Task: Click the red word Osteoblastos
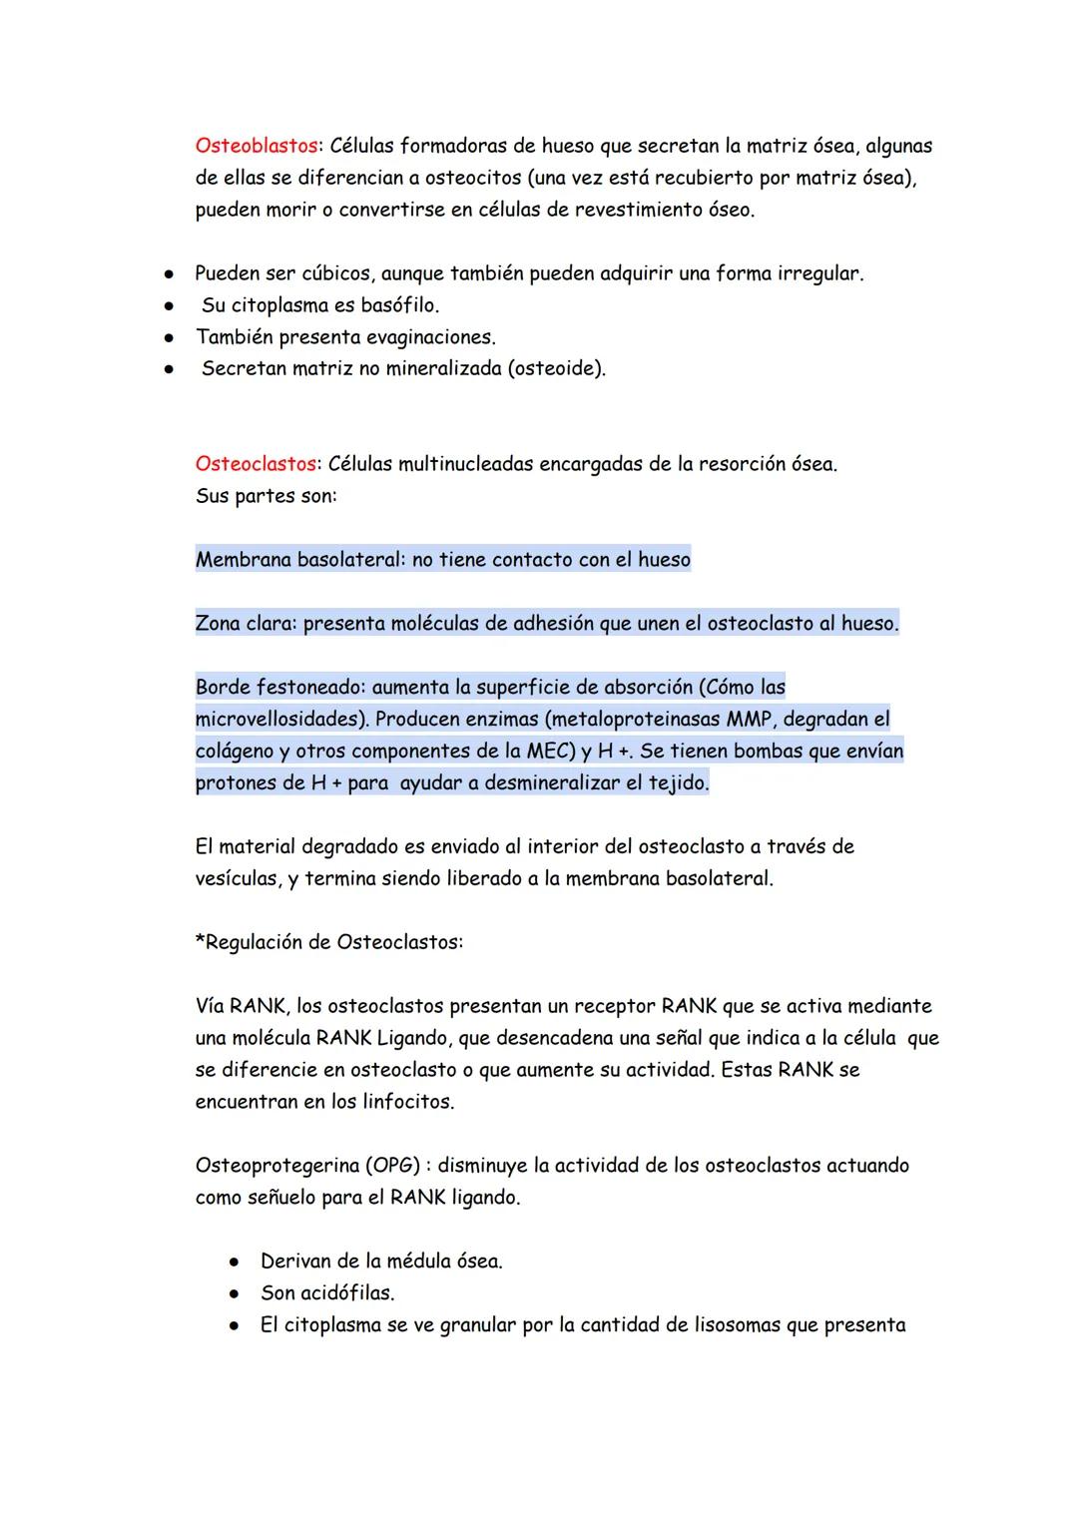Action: (256, 147)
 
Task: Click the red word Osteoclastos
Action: (256, 464)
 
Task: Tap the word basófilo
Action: (398, 305)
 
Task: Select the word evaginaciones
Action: (429, 337)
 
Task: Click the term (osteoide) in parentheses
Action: (556, 369)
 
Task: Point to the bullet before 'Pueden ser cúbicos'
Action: (171, 273)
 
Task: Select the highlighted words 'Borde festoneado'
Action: (275, 688)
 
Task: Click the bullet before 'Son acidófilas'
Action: (234, 1293)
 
